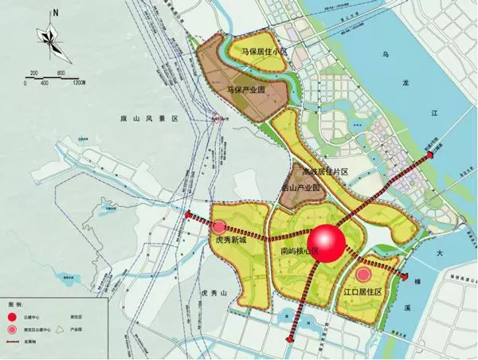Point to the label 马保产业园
click(245, 92)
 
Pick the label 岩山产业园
click(300, 188)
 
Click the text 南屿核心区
click(299, 252)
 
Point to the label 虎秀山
click(214, 294)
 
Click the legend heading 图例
click(14, 304)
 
